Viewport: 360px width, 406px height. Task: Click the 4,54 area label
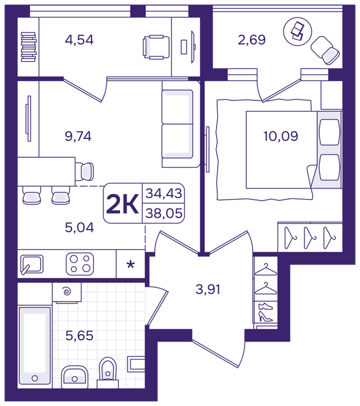click(79, 40)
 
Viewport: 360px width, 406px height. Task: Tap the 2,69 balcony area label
click(251, 40)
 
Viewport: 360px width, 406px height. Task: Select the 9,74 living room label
click(78, 136)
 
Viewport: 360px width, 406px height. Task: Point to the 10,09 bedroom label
click(280, 136)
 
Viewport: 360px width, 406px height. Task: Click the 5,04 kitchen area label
click(80, 227)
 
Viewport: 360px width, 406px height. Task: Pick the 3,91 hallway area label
click(208, 289)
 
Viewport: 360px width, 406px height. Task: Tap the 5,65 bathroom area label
click(80, 336)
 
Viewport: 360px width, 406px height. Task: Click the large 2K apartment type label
click(123, 204)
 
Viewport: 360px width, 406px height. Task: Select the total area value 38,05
click(164, 213)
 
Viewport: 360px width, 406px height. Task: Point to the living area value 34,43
click(164, 193)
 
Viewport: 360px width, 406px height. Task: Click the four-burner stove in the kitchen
click(80, 264)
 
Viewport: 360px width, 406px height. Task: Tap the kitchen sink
click(31, 264)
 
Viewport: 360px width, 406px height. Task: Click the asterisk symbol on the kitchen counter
click(131, 265)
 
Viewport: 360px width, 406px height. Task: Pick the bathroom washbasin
click(75, 377)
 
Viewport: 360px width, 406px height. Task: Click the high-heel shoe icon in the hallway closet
click(265, 317)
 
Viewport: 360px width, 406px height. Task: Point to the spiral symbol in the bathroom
click(67, 292)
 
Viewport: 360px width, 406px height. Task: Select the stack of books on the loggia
click(28, 47)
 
